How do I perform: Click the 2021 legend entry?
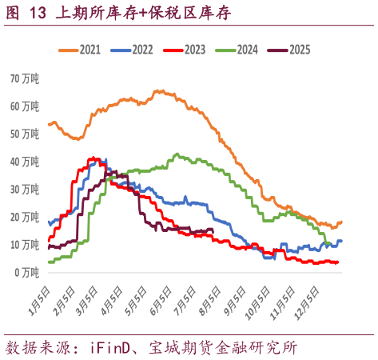point(79,50)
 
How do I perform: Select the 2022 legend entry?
point(131,50)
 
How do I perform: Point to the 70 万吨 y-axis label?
point(25,78)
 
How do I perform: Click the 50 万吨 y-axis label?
point(25,134)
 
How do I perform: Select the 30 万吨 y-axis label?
point(25,189)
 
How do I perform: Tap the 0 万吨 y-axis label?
point(27,272)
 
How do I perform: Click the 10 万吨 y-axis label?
point(25,244)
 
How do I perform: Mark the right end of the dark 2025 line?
point(213,230)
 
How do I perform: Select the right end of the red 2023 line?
point(338,262)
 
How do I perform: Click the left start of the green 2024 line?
point(49,262)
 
